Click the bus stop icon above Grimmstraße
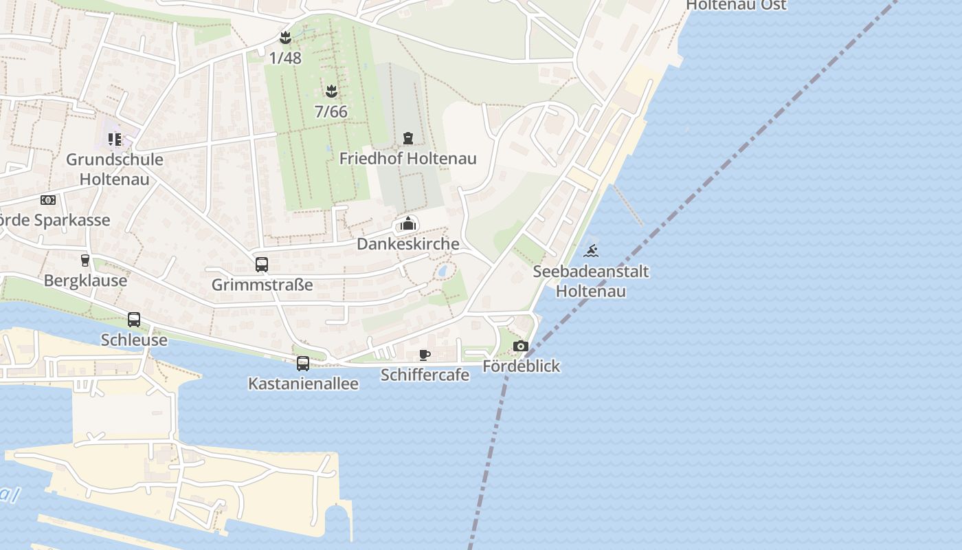pos(262,265)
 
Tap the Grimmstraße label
pos(262,285)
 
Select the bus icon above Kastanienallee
pos(303,364)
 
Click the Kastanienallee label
pos(303,384)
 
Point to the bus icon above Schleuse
pos(134,320)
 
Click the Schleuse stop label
pos(134,340)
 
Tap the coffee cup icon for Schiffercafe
pos(425,355)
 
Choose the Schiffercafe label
pos(425,375)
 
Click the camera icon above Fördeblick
pos(521,346)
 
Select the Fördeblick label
pos(521,366)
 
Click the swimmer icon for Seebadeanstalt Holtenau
pos(590,251)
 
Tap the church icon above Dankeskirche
pos(408,223)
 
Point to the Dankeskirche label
pos(408,244)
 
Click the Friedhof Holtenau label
pos(408,159)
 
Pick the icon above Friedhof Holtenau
pos(408,138)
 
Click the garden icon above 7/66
pos(331,91)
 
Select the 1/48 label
pos(285,58)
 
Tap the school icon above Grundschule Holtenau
pos(114,140)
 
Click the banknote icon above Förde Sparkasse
pos(47,200)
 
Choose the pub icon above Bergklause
pos(85,261)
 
